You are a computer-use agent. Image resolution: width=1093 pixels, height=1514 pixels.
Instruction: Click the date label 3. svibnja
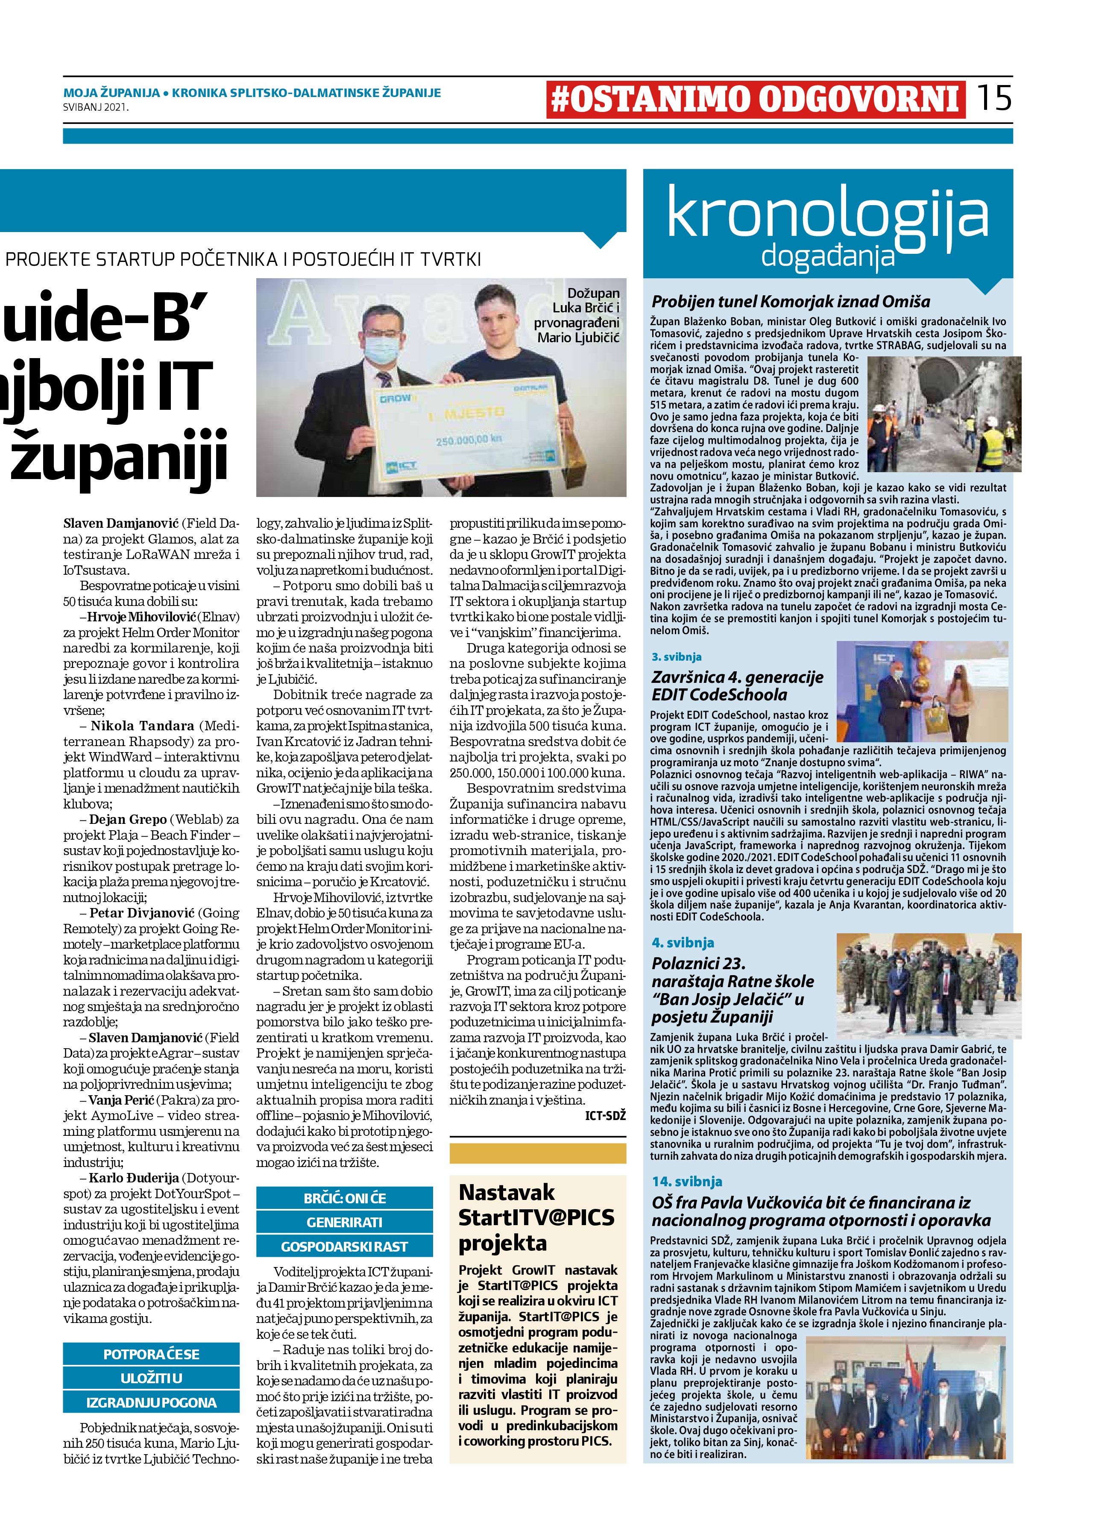pyautogui.click(x=677, y=657)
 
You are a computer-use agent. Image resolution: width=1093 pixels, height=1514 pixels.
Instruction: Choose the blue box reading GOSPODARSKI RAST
pyautogui.click(x=344, y=1246)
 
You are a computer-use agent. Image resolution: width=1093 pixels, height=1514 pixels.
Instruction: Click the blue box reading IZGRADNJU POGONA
pyautogui.click(x=152, y=1402)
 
